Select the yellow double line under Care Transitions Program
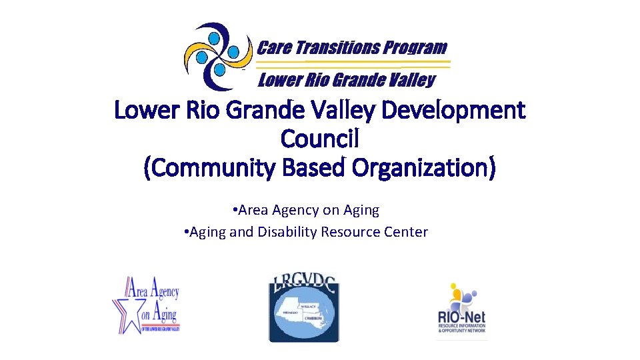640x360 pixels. point(353,64)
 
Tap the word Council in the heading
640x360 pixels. point(320,139)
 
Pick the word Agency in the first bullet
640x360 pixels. point(293,210)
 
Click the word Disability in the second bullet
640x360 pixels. point(285,232)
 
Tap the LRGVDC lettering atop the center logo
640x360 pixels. point(304,285)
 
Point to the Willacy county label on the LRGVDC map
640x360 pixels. point(307,306)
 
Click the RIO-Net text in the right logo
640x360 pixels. point(461,316)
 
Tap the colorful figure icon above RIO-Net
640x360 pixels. point(462,294)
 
